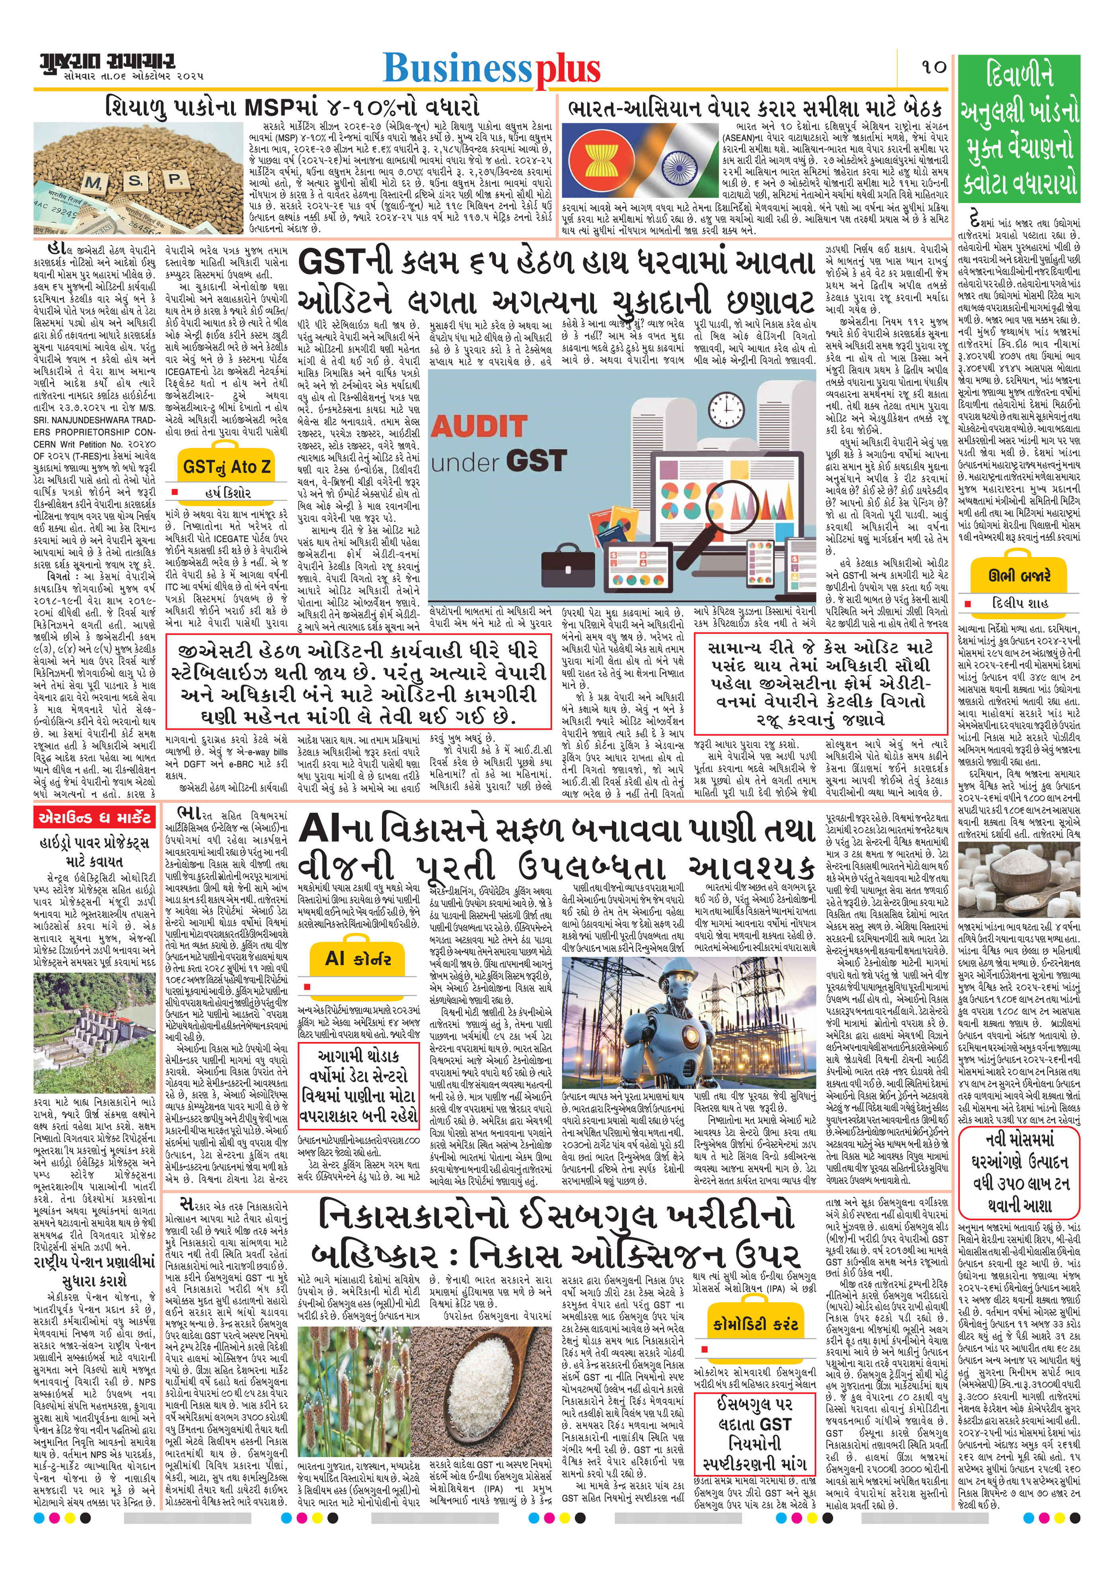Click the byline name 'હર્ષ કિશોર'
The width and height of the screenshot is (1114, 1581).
click(x=228, y=493)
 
